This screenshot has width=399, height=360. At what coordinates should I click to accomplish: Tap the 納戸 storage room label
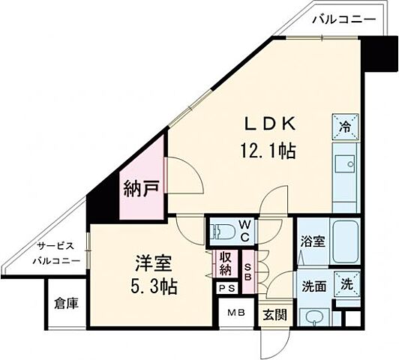tap(141, 187)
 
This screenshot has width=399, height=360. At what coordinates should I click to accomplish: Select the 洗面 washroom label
tap(313, 286)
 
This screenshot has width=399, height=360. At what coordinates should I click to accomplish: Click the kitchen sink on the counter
tap(346, 166)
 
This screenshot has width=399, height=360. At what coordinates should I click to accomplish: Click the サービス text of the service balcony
tap(56, 247)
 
